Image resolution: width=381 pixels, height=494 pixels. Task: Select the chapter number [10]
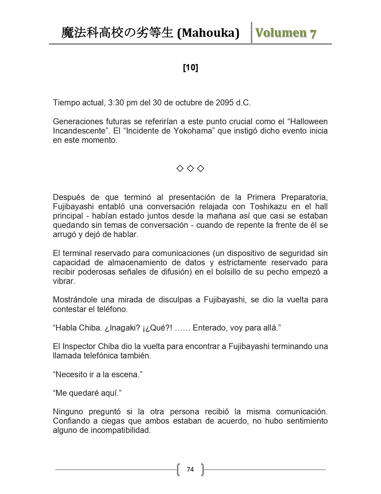(190, 68)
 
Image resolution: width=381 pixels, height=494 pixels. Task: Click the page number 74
(190, 469)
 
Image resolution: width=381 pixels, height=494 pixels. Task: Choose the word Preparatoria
(304, 197)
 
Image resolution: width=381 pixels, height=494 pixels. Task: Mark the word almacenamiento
(136, 263)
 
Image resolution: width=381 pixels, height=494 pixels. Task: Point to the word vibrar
(64, 281)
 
